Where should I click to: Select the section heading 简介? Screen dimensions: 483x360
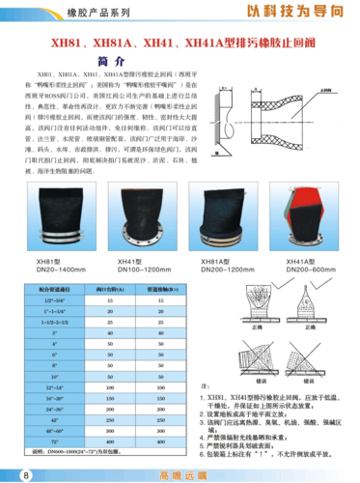pos(180,58)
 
